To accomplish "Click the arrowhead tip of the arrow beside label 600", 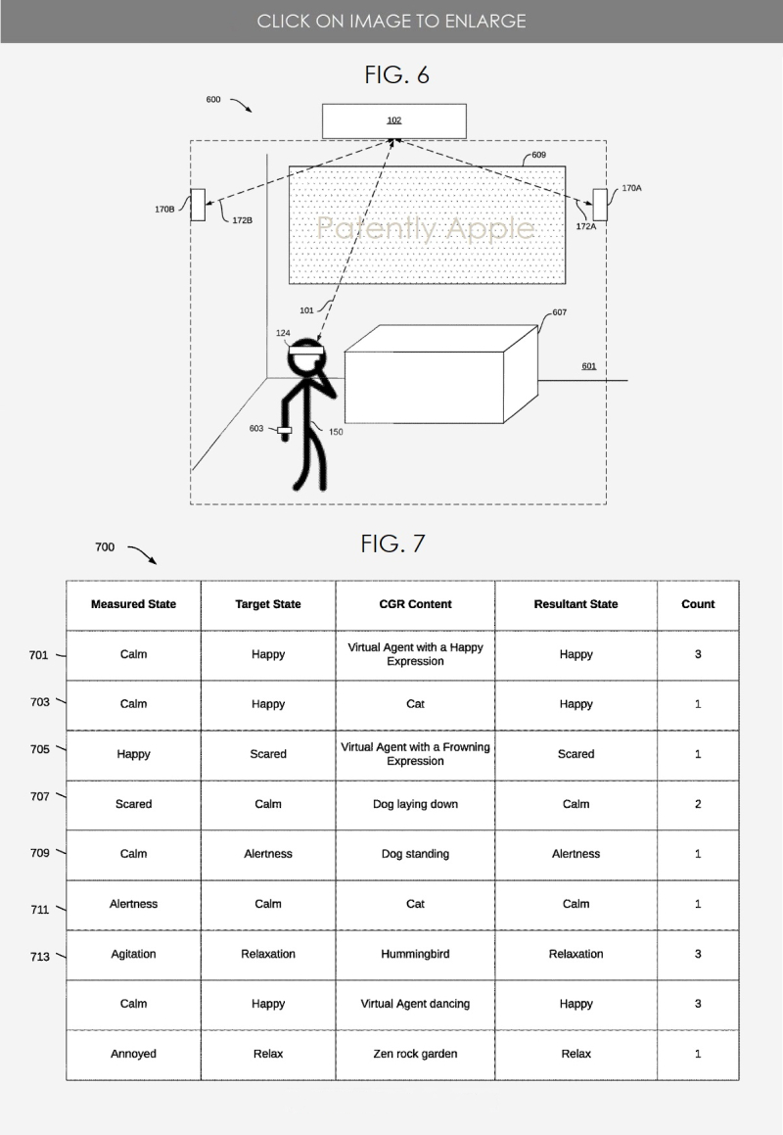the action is pos(252,113).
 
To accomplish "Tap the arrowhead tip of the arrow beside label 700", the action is pos(157,563).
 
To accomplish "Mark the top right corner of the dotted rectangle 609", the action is pos(565,166).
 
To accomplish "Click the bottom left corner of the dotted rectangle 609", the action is pos(290,283).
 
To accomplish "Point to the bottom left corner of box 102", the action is pos(322,137).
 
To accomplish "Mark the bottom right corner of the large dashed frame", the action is pos(607,503).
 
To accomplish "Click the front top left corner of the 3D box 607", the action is pos(345,353).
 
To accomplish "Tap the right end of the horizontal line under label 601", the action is pos(627,380).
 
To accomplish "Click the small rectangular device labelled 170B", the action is pos(198,205).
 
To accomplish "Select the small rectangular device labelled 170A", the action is pos(600,205).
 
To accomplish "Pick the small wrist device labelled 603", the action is pos(285,431).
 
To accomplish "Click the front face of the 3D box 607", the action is pos(424,387).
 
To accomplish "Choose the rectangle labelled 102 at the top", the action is pos(394,120).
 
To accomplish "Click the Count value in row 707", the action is pos(698,804).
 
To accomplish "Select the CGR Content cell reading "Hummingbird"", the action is pos(415,954).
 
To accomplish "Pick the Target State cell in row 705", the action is pos(268,754).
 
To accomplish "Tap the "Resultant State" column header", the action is pos(576,604).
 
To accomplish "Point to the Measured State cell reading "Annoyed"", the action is pos(133,1054).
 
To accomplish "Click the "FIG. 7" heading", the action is pos(392,544).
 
